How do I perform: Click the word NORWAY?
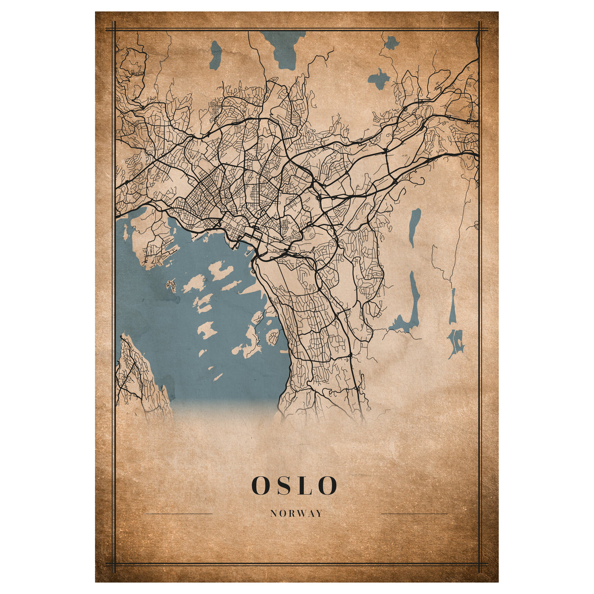tap(297, 514)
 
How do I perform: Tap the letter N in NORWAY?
tap(273, 514)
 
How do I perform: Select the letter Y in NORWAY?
tap(319, 514)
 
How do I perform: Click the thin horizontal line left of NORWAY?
tap(179, 514)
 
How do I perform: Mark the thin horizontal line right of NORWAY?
tap(414, 514)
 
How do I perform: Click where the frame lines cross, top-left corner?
tap(114, 30)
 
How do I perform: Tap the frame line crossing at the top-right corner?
tap(479, 30)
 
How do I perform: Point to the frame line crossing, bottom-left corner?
tap(114, 564)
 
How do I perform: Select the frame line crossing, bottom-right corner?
tap(479, 564)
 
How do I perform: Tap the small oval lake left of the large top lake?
tap(215, 54)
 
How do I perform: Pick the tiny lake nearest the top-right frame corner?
tap(392, 43)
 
